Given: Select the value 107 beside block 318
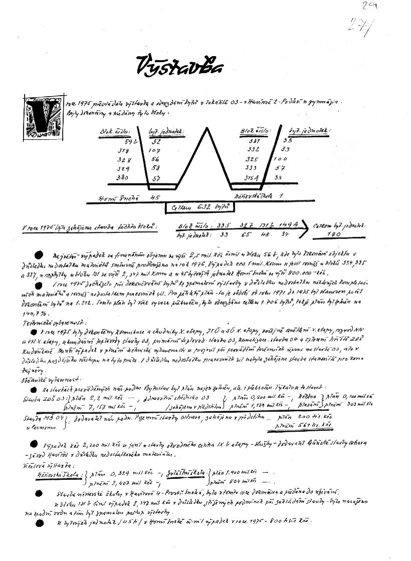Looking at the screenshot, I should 155,151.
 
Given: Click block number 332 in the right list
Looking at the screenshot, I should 254,150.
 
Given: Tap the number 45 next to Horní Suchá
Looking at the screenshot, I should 154,197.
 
